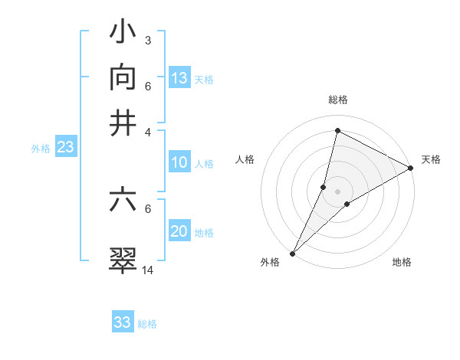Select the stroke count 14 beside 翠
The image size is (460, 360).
pos(148,270)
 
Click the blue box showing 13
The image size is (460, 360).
pos(179,78)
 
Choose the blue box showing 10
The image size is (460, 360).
pos(179,162)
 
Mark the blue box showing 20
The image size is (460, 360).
pos(179,231)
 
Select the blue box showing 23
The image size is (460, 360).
pos(65,148)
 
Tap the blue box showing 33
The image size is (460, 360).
pos(123,322)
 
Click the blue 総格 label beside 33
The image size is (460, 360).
pos(147,324)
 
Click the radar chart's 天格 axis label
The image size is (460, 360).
pos(431,159)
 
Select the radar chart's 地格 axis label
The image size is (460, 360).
pos(402,262)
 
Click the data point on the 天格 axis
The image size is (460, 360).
pos(411,168)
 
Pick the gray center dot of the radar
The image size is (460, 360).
pos(338,191)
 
